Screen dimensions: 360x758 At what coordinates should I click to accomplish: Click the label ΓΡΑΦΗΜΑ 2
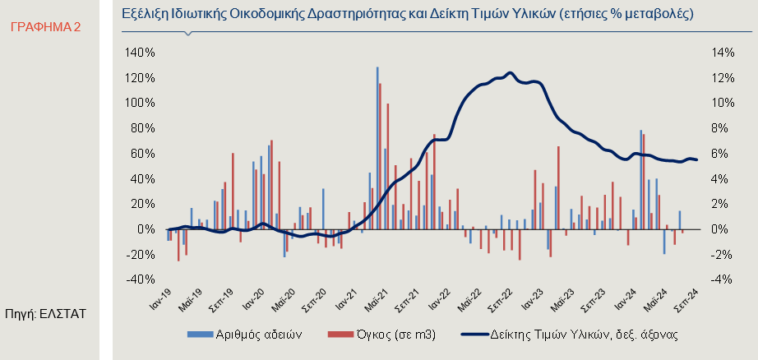(46, 27)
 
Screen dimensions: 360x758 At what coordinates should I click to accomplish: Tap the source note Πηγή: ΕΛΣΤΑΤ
(45, 313)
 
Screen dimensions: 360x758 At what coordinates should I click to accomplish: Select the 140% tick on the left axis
(139, 53)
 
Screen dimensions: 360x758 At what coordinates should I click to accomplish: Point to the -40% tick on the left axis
(141, 279)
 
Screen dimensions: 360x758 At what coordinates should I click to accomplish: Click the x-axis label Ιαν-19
(159, 298)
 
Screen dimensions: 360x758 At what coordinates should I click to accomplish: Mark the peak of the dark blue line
(511, 73)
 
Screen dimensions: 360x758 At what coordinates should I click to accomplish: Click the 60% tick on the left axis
(141, 154)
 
